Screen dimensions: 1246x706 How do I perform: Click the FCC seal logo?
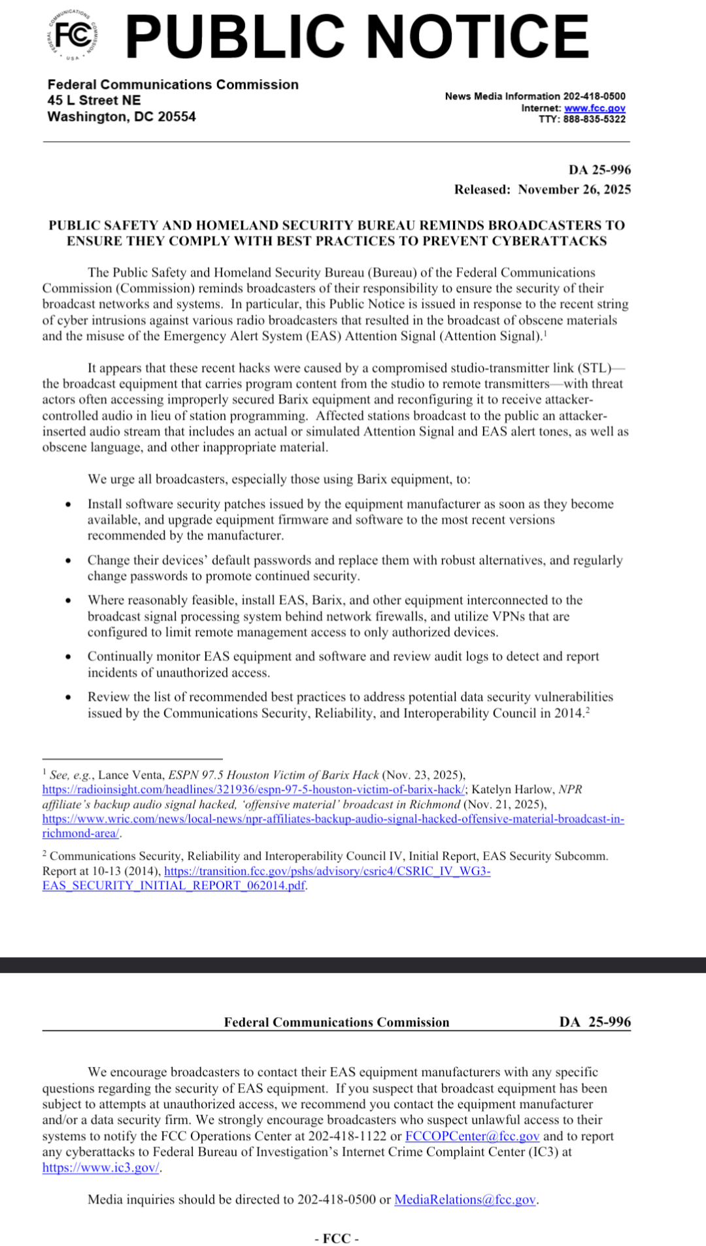coord(73,35)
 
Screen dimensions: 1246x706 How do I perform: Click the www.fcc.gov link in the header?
coord(594,108)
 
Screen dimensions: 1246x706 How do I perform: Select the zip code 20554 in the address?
coord(176,117)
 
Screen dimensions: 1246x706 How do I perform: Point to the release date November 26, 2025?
coord(574,189)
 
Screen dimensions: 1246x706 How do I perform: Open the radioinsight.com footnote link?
coord(254,790)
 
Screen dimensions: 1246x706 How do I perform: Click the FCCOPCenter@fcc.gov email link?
coord(472,1136)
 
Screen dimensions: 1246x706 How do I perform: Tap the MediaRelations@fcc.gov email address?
coord(465,1200)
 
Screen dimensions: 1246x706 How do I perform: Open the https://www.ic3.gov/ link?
coord(101,1168)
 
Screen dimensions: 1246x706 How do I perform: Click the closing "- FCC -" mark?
coord(337,1238)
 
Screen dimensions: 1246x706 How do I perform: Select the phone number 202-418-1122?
coord(347,1136)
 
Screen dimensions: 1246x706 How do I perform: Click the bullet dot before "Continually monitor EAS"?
coord(68,657)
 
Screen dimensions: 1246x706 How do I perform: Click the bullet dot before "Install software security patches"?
coord(68,504)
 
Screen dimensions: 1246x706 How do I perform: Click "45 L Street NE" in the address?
coord(94,101)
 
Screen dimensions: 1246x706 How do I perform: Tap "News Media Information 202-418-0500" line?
coord(535,96)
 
